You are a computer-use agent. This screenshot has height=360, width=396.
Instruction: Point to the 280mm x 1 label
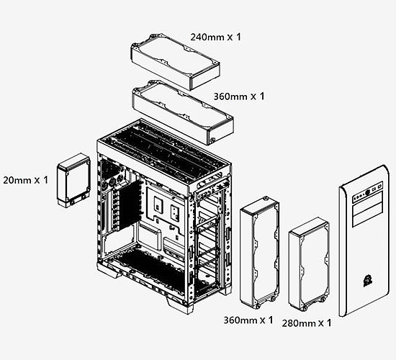(307, 323)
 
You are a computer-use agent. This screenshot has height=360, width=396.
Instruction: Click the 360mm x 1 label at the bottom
(249, 319)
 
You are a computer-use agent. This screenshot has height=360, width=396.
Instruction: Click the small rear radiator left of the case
(73, 180)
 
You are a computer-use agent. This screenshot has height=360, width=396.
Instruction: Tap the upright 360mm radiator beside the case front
(261, 252)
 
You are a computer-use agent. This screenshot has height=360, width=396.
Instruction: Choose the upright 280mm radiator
(308, 267)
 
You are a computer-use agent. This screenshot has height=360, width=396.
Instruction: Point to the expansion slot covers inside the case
(109, 209)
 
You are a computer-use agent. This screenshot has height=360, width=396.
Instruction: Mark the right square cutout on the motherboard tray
(175, 214)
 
